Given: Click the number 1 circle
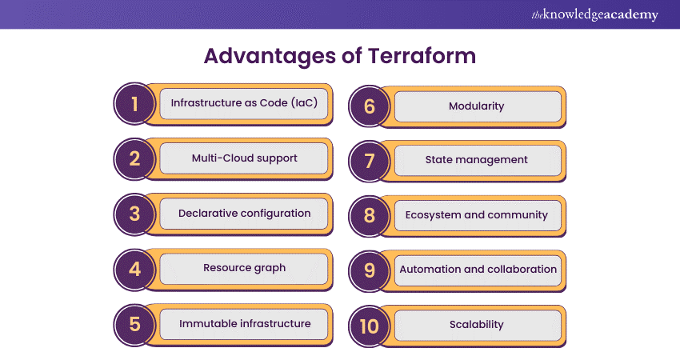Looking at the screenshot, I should pos(134,104).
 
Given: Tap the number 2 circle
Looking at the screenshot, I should pos(134,158).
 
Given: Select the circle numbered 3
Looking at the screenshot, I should pos(134,214).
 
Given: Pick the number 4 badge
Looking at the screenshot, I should pos(134,269).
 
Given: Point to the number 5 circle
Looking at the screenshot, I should pos(134,324).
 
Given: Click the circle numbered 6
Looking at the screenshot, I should pos(370,106).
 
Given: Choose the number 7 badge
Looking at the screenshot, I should pos(370,160).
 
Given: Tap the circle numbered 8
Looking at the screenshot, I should pos(370,215).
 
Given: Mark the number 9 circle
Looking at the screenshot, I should pos(370,270).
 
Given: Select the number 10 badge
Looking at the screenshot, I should pos(370,325).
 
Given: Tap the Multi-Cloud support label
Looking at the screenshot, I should pos(244,158).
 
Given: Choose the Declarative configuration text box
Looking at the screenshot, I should pos(244,214).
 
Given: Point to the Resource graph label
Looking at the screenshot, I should pos(244,268).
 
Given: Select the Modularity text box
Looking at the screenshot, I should pos(477,106).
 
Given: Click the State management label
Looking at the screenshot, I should pos(477,160).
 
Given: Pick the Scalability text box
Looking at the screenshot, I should pos(477,325).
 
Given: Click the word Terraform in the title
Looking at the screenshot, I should pos(422,57).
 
